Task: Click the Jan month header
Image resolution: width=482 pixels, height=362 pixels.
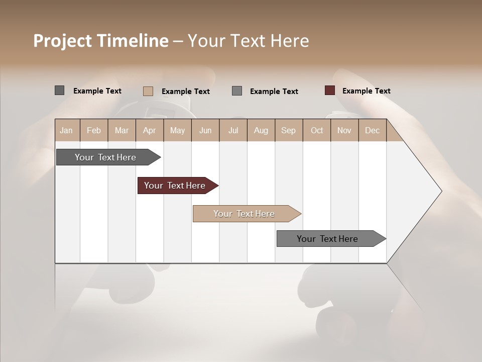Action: tap(67, 130)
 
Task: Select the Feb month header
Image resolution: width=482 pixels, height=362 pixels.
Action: tap(94, 130)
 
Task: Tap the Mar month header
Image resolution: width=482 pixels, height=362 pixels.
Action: tap(122, 130)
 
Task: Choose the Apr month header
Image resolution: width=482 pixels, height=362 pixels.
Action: tap(150, 130)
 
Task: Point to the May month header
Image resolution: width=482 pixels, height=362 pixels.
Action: tap(177, 130)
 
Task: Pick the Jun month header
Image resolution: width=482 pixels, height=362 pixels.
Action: tap(205, 130)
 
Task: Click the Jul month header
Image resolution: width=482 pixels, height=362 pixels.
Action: tap(233, 130)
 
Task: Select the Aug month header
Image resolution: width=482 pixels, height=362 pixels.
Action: tap(261, 130)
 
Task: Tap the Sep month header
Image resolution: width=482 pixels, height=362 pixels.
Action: tap(289, 130)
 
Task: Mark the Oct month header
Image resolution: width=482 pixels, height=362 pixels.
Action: tap(317, 130)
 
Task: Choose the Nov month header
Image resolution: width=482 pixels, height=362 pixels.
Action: tap(344, 130)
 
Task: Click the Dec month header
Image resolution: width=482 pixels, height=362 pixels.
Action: tap(373, 130)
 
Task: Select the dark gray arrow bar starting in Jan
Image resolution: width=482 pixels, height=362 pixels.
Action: tap(105, 157)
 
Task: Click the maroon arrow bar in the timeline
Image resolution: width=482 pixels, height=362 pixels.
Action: tap(175, 186)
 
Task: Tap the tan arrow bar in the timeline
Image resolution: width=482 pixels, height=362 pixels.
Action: tap(244, 214)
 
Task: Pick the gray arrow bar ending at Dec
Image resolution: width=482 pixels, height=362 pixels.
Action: tap(327, 239)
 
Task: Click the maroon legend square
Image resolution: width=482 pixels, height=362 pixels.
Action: tap(329, 90)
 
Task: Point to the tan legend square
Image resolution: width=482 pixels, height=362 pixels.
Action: tap(148, 91)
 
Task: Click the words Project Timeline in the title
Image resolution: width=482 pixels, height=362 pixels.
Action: tap(101, 41)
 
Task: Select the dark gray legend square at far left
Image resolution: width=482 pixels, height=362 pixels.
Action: tap(59, 90)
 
